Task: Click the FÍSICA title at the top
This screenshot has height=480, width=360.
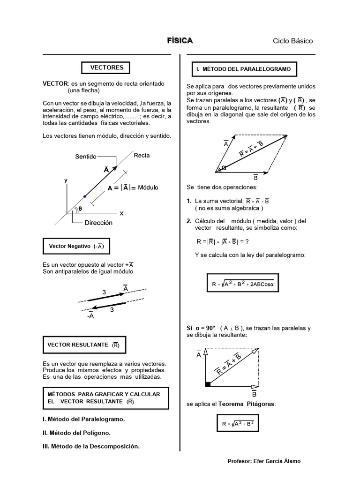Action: click(x=180, y=41)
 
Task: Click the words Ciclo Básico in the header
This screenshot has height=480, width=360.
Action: click(x=292, y=41)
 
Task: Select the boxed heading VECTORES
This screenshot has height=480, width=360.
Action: click(x=107, y=67)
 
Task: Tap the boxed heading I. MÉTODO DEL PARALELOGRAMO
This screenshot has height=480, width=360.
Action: click(x=243, y=69)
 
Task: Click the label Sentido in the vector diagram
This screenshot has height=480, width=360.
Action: click(x=86, y=157)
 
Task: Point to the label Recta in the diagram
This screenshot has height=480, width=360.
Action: click(x=142, y=155)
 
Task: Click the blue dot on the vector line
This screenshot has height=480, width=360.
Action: click(x=84, y=196)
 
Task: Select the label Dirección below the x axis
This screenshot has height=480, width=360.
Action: click(x=98, y=223)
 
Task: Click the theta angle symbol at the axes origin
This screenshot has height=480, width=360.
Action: click(x=80, y=209)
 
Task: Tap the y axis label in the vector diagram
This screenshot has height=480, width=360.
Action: click(x=66, y=180)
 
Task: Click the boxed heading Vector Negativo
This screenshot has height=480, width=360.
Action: click(x=76, y=246)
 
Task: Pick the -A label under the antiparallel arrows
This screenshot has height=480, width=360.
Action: click(x=90, y=316)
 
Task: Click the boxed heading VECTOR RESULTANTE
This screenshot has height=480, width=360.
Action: click(x=84, y=345)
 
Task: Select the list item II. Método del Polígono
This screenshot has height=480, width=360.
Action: click(x=76, y=433)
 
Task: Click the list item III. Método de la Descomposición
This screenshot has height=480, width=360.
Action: click(x=91, y=446)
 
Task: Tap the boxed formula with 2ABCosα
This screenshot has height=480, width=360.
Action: click(x=243, y=284)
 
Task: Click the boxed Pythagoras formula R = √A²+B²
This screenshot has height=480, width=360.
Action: click(x=238, y=424)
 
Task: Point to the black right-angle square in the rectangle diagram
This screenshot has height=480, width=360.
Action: click(x=208, y=384)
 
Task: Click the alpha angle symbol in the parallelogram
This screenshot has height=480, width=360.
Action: click(x=224, y=168)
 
